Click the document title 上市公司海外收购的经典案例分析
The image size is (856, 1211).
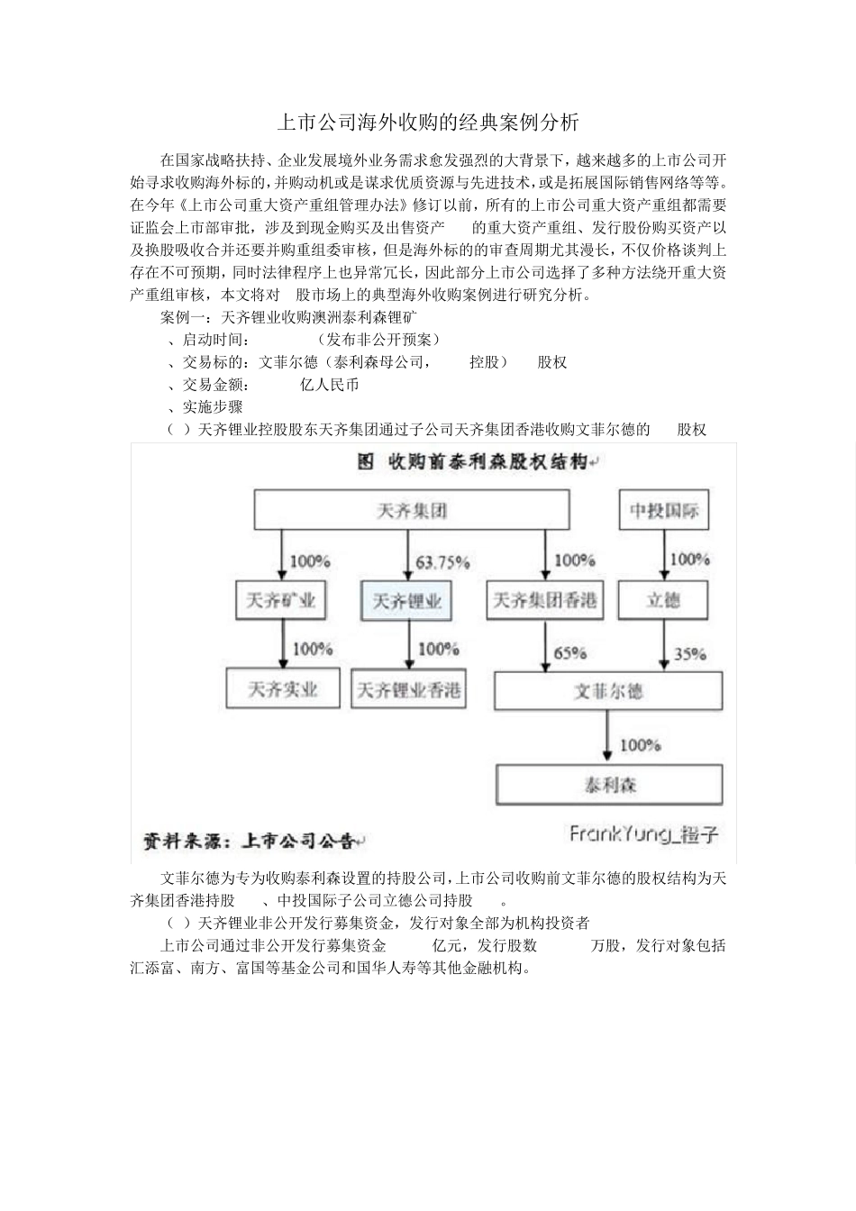tap(427, 122)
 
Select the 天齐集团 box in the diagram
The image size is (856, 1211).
tap(411, 511)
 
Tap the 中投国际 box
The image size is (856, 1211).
tap(664, 511)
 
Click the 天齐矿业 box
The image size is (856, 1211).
tap(282, 600)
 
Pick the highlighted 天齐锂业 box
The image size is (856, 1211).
tap(407, 600)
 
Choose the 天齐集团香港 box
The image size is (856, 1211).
tap(545, 600)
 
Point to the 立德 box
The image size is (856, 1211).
tap(663, 600)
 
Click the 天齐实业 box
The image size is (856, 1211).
tap(283, 689)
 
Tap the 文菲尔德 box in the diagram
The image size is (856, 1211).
tap(608, 692)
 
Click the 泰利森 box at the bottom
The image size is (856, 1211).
tap(609, 785)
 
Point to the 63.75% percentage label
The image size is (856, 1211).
tap(442, 562)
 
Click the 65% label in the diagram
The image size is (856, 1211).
tap(569, 652)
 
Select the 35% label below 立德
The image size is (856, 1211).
tap(689, 653)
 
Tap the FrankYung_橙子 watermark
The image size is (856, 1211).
tap(643, 834)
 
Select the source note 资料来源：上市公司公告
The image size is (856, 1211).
tap(252, 841)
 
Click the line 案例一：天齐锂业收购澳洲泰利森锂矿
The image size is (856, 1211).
tap(288, 317)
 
